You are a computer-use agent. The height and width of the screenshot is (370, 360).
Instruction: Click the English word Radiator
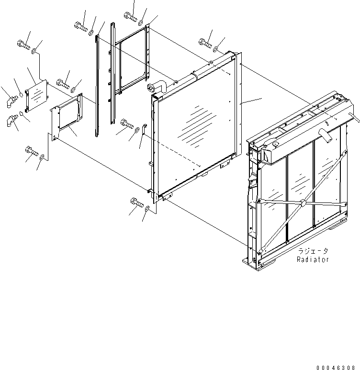pyautogui.click(x=313, y=259)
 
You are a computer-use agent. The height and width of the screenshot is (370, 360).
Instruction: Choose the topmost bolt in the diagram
pyautogui.click(x=130, y=17)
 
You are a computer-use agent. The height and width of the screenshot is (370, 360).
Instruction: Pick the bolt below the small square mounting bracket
pyautogui.click(x=31, y=153)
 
